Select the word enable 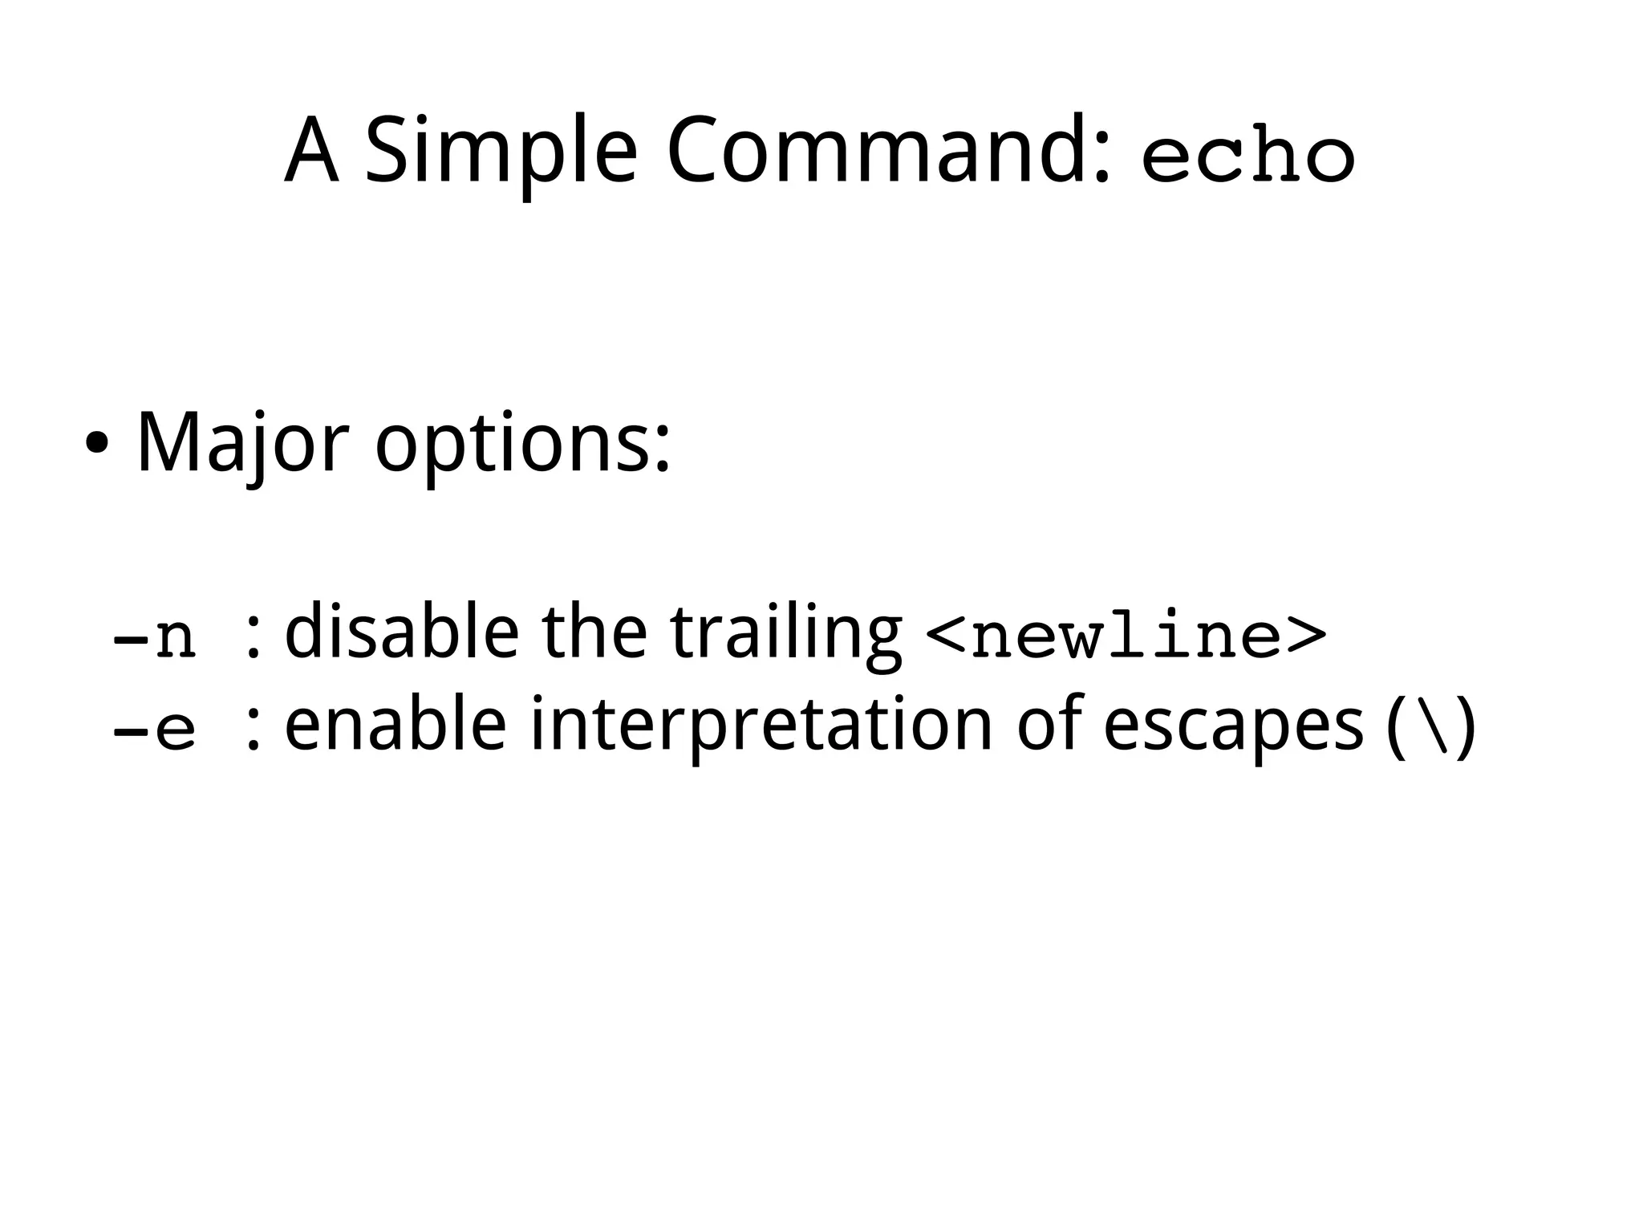(x=395, y=726)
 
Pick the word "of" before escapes (x=1050, y=726)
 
